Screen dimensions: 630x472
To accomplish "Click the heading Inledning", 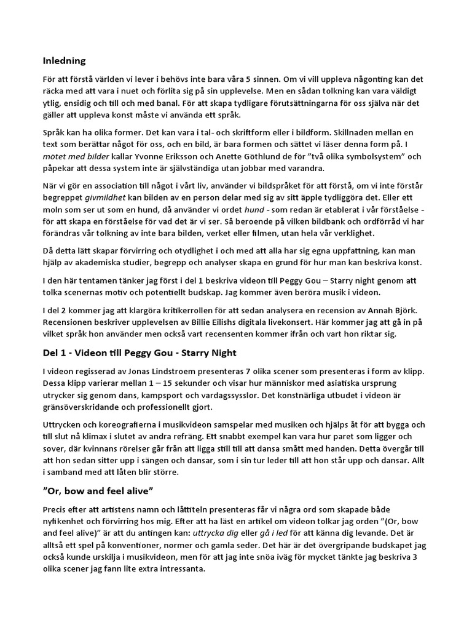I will tap(64, 61).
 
